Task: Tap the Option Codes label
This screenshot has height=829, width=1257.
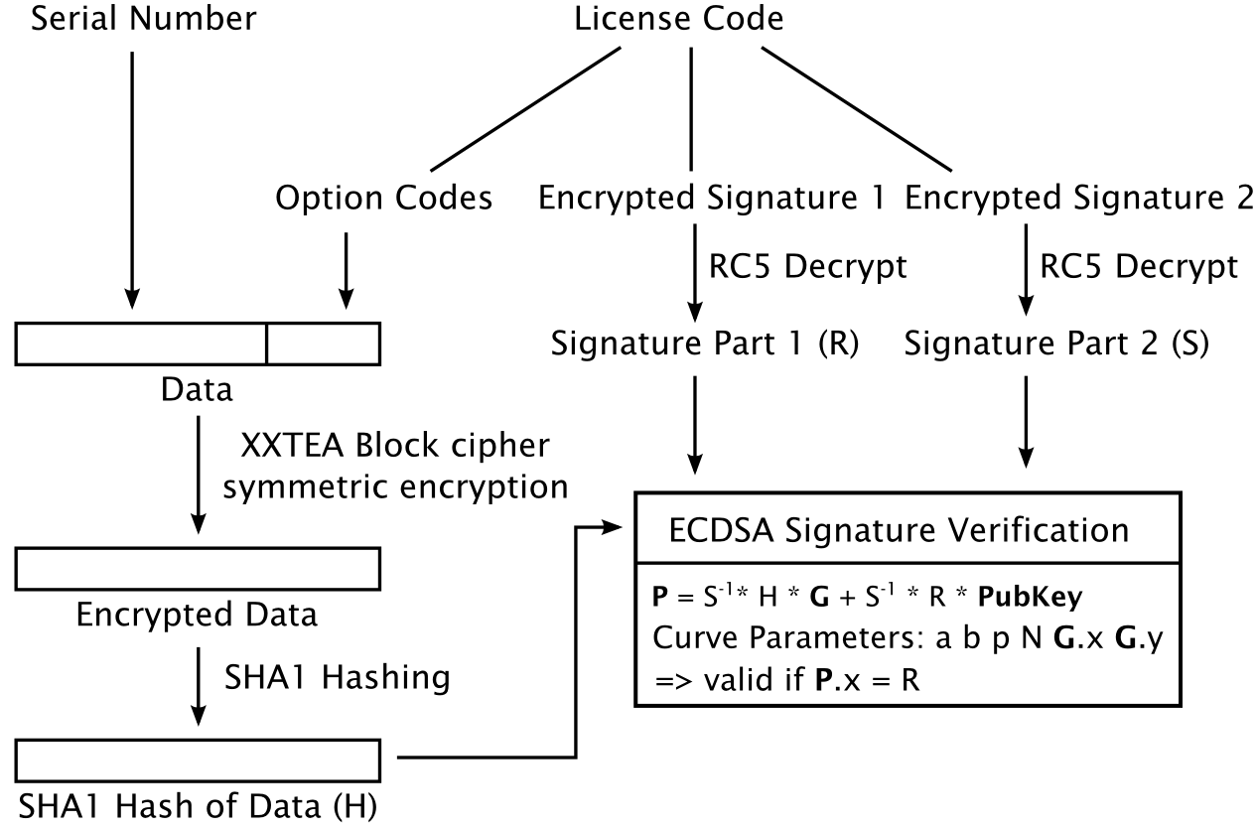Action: click(x=383, y=198)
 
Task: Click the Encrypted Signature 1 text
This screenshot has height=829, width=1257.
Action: click(x=711, y=198)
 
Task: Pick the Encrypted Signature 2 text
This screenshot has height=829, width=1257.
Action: click(x=1079, y=198)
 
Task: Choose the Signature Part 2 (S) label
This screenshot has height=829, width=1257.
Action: click(x=1056, y=347)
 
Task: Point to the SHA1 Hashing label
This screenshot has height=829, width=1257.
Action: click(x=337, y=677)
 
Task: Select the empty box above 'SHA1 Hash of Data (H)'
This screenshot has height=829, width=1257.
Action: click(x=200, y=760)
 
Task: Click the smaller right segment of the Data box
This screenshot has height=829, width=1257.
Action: click(x=324, y=344)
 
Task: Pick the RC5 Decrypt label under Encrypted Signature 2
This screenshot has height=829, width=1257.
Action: click(x=1139, y=266)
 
